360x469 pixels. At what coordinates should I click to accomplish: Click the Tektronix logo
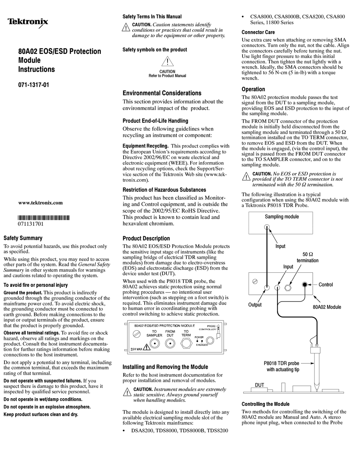pos(28,22)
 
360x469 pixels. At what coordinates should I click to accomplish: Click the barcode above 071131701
pos(44,217)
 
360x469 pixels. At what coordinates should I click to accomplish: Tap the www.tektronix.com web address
pos(41,203)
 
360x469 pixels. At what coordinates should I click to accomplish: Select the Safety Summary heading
pos(23,238)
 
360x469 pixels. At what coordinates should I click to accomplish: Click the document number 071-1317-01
pos(34,85)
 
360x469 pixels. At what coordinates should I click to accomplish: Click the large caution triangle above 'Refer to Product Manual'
pos(167,62)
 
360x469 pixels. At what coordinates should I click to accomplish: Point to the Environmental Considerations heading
pos(162,93)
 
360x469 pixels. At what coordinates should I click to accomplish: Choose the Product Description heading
pos(146,238)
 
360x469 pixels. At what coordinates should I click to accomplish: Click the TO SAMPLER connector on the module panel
pos(154,343)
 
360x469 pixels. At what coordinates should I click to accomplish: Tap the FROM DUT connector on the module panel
pos(170,343)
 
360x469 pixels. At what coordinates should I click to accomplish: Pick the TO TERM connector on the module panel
pos(186,343)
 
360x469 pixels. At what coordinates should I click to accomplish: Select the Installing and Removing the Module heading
pos(165,367)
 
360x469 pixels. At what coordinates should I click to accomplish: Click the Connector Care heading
pos(258,32)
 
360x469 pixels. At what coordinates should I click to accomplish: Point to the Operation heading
pos(253,89)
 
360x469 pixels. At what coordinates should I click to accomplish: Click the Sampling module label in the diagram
pos(282,217)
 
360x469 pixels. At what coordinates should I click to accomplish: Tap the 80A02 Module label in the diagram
pos(327,307)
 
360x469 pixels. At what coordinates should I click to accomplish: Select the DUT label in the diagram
pos(260,385)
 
